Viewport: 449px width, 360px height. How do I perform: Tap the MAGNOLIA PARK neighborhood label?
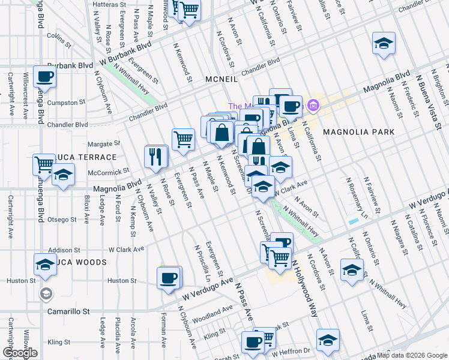[358, 131]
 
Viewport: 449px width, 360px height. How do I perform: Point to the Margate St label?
[100, 144]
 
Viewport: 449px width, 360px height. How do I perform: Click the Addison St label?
[64, 250]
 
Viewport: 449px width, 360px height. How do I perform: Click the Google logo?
[19, 353]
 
